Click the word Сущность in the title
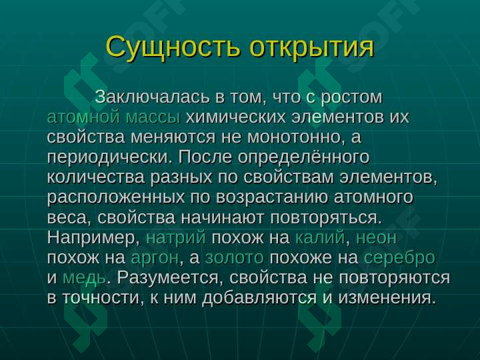point(173,48)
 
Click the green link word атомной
point(83,117)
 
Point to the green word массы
point(153,117)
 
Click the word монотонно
point(294,137)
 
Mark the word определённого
point(303,157)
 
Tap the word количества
point(96,177)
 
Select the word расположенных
point(116,197)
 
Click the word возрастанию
point(272,197)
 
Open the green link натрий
point(176,237)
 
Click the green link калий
point(320,237)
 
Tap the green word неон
point(377,237)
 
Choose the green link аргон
point(155,258)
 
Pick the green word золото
point(234,258)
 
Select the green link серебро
point(399,257)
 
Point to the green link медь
point(84,278)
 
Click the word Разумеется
point(170,277)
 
